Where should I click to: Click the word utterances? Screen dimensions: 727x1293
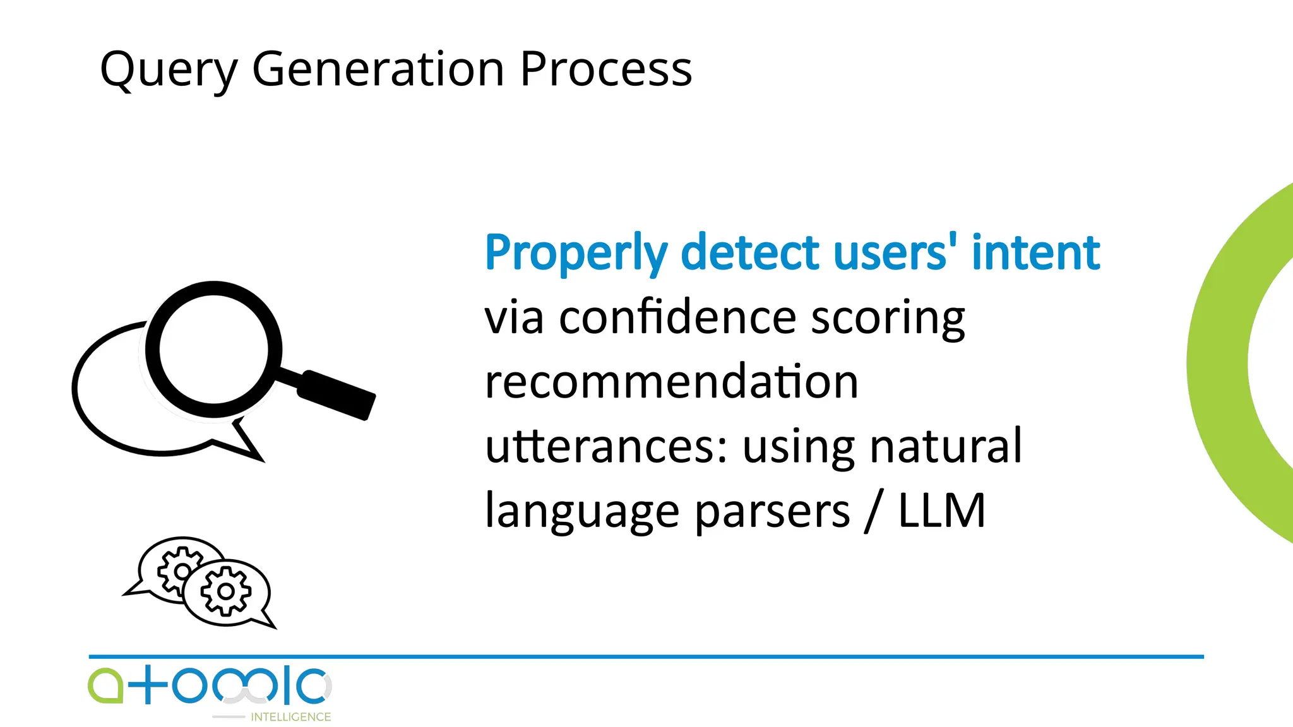click(x=606, y=446)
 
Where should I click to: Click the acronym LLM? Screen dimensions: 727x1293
click(x=941, y=511)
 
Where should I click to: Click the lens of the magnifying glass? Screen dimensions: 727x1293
click(x=213, y=349)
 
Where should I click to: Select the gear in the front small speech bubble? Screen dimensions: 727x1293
click(x=225, y=591)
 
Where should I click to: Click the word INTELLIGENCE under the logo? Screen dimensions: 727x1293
click(x=290, y=717)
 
